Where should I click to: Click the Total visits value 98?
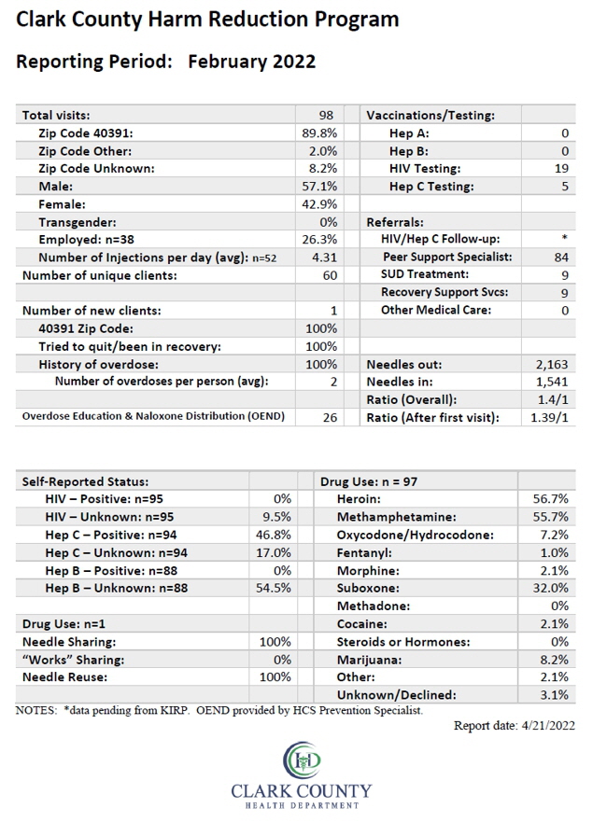326,116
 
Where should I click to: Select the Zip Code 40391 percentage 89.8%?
319,133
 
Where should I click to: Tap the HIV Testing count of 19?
561,168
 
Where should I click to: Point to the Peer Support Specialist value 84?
561,257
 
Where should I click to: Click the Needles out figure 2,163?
553,364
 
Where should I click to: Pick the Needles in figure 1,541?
553,383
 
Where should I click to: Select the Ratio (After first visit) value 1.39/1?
549,418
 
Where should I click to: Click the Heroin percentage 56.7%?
550,499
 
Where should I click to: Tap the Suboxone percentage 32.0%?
550,588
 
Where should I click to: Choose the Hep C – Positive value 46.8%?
274,535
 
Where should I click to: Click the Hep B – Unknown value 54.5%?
274,588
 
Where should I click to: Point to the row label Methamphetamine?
397,517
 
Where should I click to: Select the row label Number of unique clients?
100,276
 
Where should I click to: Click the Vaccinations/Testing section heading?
431,116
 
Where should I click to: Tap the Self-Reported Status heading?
86,481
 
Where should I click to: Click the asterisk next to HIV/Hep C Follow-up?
564,238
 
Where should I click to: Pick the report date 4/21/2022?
548,726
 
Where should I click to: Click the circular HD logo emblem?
302,760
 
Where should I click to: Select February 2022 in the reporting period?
252,62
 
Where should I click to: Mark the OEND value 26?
330,418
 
